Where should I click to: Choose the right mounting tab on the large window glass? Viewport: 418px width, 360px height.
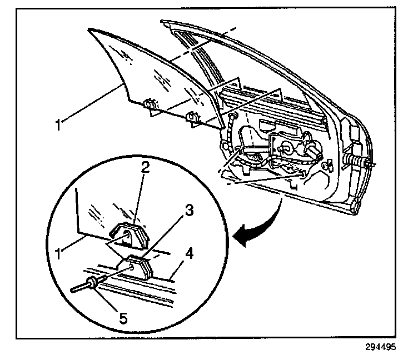193,118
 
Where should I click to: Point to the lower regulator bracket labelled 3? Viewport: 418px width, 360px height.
137,266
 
